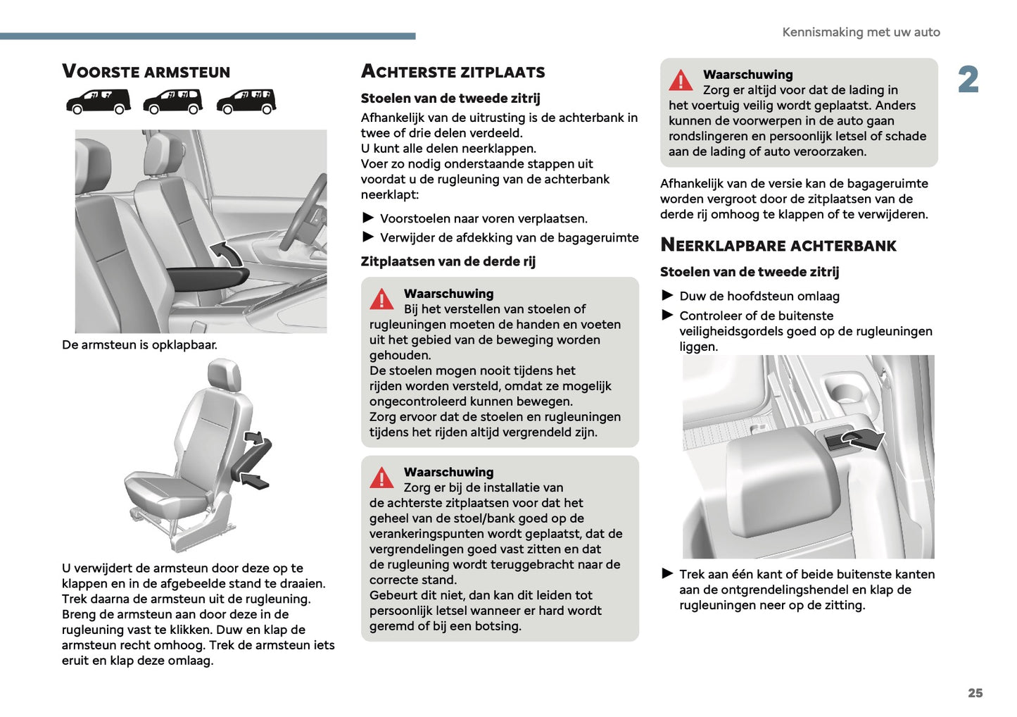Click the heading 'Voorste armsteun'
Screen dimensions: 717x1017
point(146,72)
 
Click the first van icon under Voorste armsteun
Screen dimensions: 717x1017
point(99,101)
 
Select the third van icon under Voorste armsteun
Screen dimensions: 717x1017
point(246,101)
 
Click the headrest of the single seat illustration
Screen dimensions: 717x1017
point(225,376)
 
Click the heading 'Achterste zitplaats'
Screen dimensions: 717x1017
point(453,72)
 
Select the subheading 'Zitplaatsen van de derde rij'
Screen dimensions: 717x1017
point(448,261)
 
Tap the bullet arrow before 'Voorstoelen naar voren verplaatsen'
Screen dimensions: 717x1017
point(368,218)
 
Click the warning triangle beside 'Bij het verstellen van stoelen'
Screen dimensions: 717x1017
point(381,299)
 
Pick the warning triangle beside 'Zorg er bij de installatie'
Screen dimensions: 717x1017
point(381,478)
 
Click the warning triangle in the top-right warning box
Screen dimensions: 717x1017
point(681,80)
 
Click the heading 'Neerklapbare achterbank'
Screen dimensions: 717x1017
point(778,246)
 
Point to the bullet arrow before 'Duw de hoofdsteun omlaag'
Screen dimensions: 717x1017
point(667,295)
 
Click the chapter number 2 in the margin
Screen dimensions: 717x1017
point(968,80)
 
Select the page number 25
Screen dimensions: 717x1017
point(975,693)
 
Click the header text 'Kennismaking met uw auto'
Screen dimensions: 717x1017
point(861,32)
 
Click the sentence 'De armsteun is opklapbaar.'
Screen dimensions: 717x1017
point(139,345)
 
